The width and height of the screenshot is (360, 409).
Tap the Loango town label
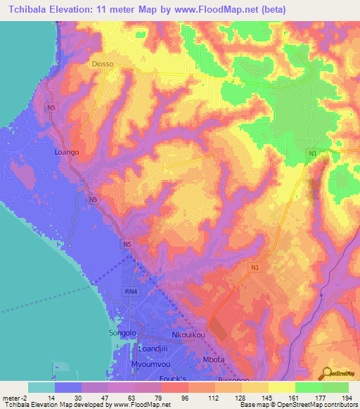point(67,151)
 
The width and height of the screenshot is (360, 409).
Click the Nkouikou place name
point(190,335)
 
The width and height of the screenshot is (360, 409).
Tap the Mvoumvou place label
point(152,364)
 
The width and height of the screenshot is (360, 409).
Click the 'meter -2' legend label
point(15,398)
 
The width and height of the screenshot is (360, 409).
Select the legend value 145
point(264,398)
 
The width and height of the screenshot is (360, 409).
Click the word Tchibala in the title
point(33,9)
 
